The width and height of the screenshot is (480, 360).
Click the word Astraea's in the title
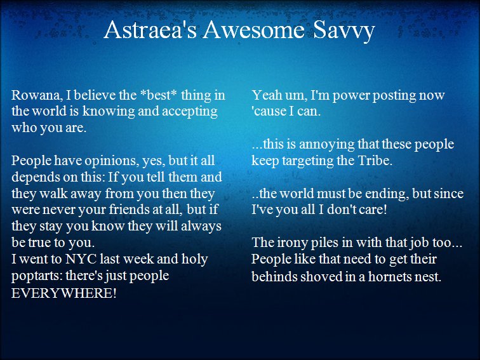click(150, 30)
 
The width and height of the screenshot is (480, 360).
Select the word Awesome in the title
click(254, 30)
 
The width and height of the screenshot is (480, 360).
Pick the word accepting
click(190, 112)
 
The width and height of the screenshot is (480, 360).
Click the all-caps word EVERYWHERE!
click(64, 293)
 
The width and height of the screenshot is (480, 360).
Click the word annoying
click(326, 145)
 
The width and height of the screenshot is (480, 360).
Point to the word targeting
click(308, 161)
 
